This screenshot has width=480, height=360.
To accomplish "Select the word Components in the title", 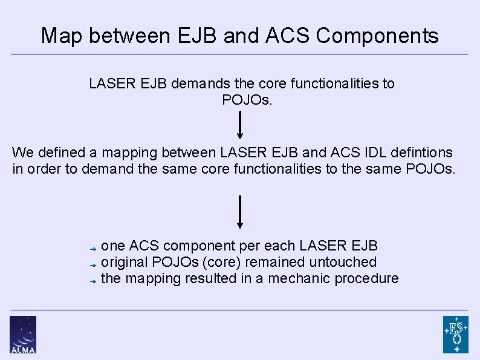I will point(377,36).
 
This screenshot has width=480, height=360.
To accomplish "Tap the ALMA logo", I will point(23,334).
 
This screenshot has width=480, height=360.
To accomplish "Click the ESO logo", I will point(455,334).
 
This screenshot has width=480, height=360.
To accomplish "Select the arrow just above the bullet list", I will point(240,212).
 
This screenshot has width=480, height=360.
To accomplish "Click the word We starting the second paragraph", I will point(22,152).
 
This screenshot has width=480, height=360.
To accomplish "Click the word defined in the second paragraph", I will point(59,152).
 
